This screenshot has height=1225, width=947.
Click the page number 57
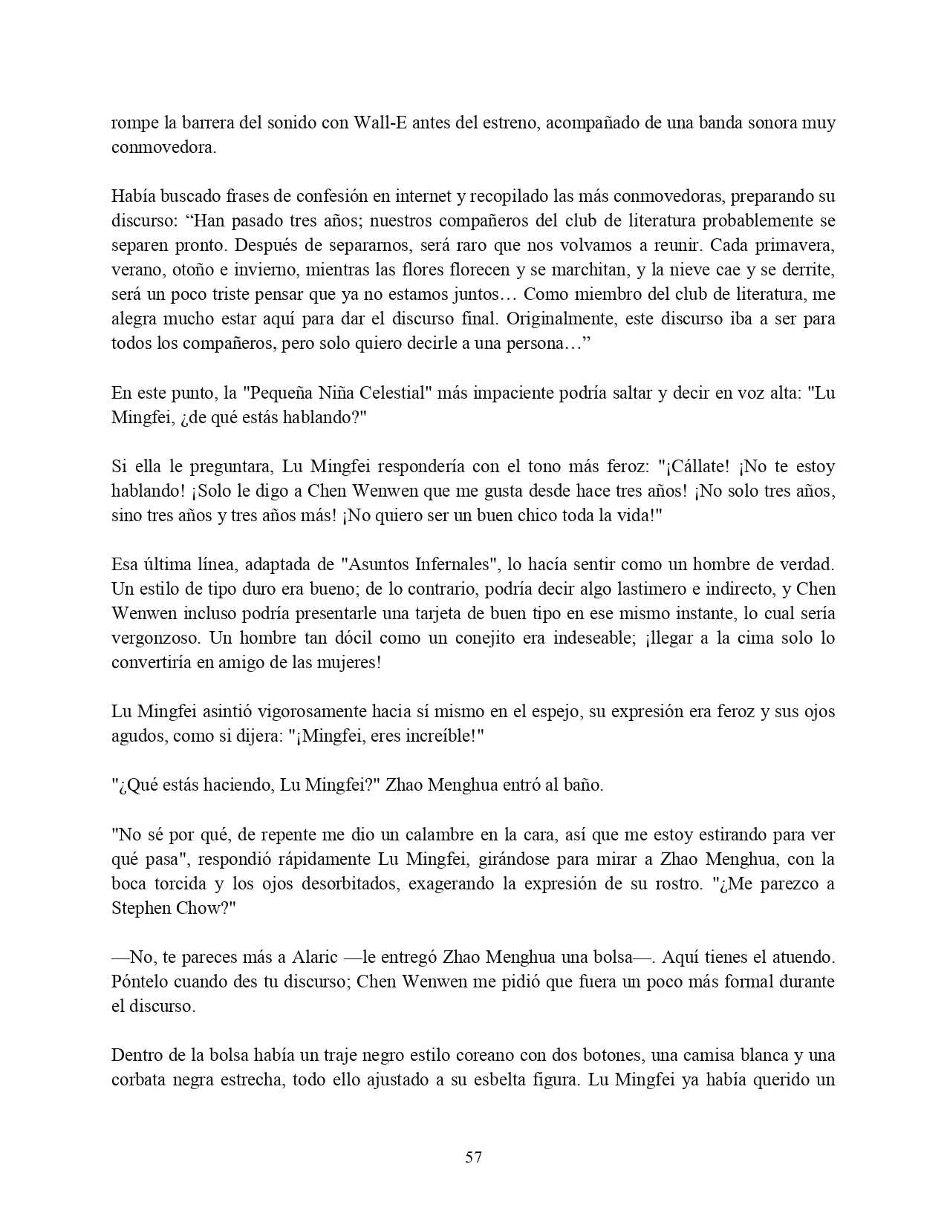coord(473,1157)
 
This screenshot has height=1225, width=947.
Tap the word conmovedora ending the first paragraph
coord(163,147)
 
